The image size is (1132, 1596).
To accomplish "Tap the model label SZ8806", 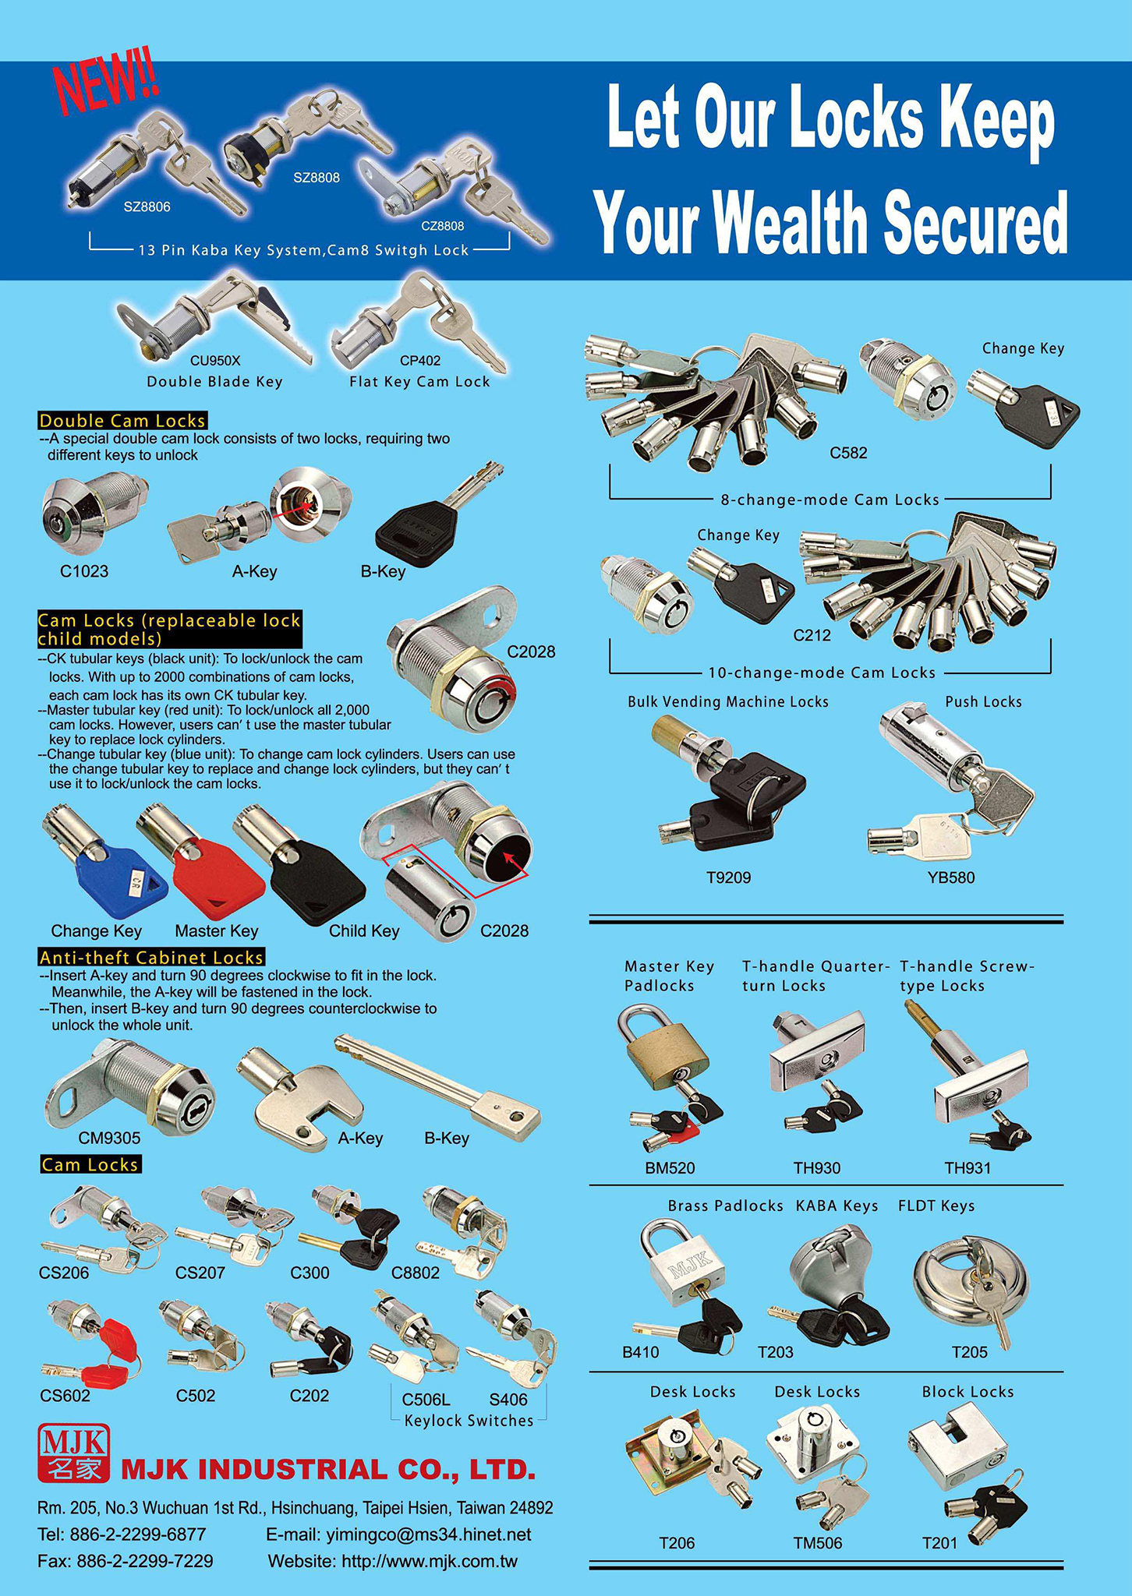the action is [x=147, y=207].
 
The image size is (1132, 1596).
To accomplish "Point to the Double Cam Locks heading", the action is [x=122, y=421].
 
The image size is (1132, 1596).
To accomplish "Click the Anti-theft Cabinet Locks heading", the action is [x=152, y=957].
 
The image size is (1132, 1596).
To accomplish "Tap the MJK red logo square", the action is [x=73, y=1453].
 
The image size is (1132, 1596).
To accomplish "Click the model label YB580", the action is [x=950, y=877].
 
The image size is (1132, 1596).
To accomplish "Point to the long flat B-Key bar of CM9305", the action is [x=437, y=1087].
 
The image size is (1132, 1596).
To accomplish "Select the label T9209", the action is [x=728, y=877].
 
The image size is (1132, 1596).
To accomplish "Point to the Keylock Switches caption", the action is [x=469, y=1421].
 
